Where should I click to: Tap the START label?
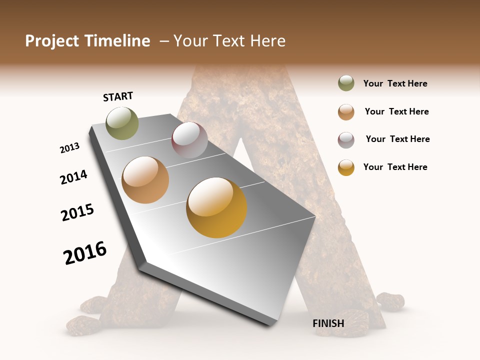coord(118,96)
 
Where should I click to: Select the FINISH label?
coord(328,323)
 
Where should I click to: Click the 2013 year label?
coord(69,148)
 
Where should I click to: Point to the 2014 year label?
coord(73,177)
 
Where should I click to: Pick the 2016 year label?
coord(85,253)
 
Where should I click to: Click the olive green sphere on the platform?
coord(122,123)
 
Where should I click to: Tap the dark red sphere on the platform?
coord(189,140)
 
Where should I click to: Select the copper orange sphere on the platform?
coord(145,180)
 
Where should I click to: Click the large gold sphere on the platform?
coord(216,207)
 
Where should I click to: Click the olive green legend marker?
coord(346,83)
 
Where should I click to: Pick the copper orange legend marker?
coord(346,112)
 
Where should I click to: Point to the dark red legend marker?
coord(346,140)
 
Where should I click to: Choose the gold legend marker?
coord(346,167)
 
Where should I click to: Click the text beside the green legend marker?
coord(395,83)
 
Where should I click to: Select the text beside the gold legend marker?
coord(395,167)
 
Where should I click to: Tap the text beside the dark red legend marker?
coord(397,139)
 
